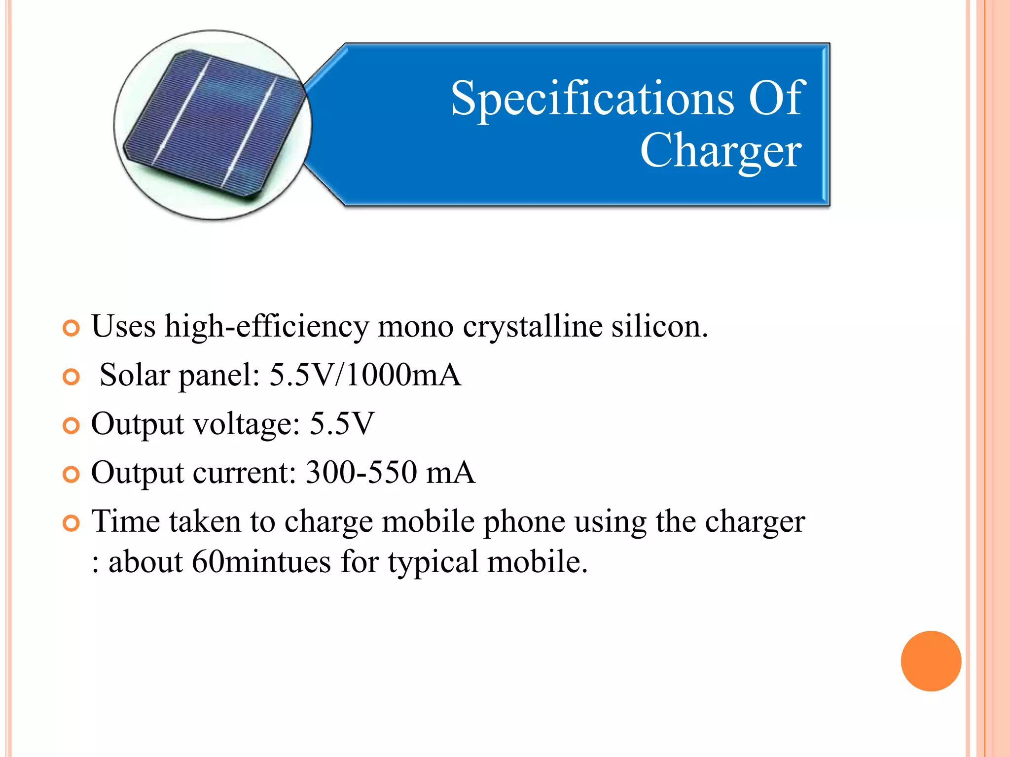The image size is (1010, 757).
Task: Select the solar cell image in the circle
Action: (x=213, y=124)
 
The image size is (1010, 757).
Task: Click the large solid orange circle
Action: (x=931, y=661)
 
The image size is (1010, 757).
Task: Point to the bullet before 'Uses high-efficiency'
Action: (x=72, y=328)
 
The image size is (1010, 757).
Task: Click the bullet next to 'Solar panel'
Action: (x=72, y=377)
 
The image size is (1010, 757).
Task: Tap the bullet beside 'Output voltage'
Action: (x=72, y=426)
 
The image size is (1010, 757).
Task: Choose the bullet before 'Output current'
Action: (x=72, y=475)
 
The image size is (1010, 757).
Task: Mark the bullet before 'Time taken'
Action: (x=72, y=523)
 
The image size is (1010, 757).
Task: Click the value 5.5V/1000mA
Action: (x=365, y=375)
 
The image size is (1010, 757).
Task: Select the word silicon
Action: (x=659, y=326)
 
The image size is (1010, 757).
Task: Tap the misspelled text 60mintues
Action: (x=261, y=562)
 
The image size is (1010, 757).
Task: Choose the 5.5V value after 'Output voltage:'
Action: (x=342, y=424)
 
